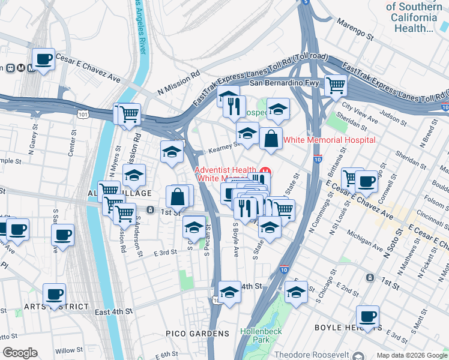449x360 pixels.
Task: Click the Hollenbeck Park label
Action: tap(260, 335)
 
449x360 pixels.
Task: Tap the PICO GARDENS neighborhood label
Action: tap(197, 333)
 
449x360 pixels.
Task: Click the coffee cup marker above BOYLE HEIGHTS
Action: tap(368, 316)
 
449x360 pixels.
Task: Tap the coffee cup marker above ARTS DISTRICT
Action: tap(54, 295)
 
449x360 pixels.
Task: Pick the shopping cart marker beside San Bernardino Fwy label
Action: tap(336, 85)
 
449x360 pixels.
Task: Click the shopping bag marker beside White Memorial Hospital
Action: tap(271, 138)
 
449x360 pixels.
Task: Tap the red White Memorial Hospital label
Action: tap(329, 140)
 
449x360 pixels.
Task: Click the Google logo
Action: tap(20, 353)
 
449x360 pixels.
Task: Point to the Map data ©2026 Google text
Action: tap(412, 355)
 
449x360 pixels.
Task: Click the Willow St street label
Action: tap(69, 350)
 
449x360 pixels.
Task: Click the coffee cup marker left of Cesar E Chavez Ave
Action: tap(43, 59)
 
